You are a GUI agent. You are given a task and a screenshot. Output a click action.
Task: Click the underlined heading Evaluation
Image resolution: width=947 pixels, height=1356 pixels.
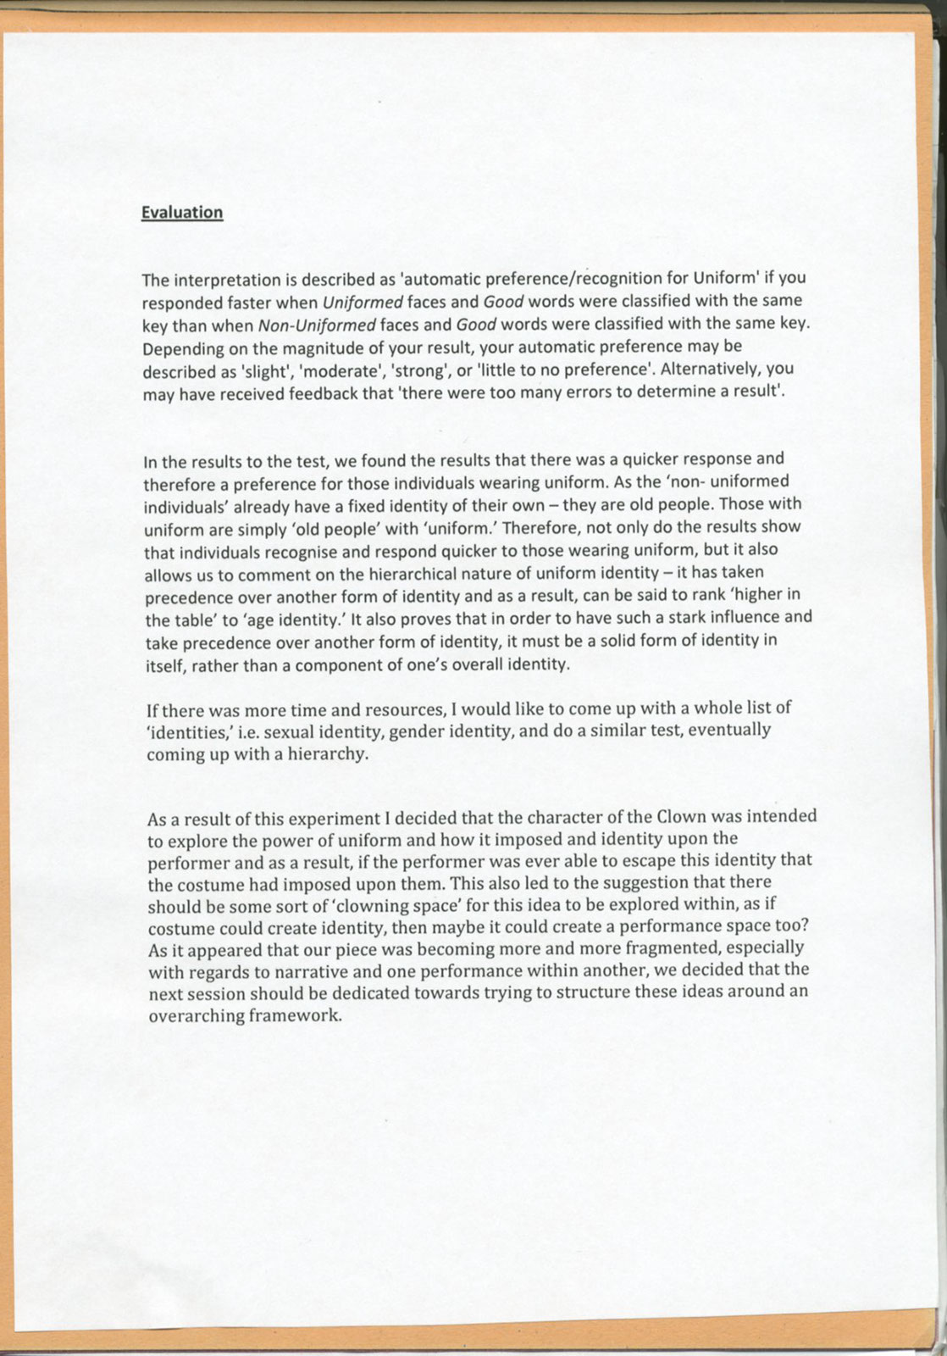[x=182, y=213]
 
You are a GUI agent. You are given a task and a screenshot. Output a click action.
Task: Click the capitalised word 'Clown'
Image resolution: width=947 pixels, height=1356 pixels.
[x=682, y=817]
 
